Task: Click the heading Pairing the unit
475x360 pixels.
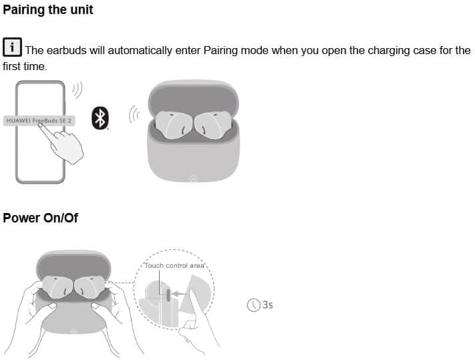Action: (x=48, y=10)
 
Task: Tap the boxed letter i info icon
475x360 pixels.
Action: (x=12, y=47)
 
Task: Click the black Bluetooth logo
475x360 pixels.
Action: (x=100, y=118)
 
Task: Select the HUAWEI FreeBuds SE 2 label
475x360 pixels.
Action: (x=39, y=121)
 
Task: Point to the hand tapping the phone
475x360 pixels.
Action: (x=63, y=144)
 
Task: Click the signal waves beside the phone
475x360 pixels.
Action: (x=77, y=90)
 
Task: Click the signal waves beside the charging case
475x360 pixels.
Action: (x=134, y=114)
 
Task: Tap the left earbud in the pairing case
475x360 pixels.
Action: (x=173, y=125)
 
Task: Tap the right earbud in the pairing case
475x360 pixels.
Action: (x=213, y=125)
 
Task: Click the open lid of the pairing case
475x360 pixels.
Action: (x=194, y=97)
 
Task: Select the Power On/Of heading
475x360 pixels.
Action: (x=40, y=218)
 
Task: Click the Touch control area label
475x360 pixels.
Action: (x=174, y=266)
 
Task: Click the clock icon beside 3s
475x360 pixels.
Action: (x=254, y=305)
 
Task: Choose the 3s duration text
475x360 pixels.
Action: (x=267, y=305)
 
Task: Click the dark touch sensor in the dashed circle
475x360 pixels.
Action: (x=168, y=295)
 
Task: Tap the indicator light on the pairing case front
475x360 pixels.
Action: (x=192, y=178)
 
